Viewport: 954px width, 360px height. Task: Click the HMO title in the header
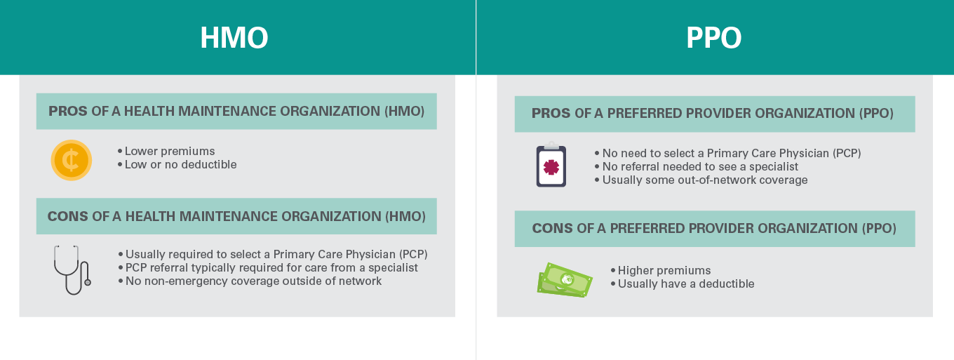coord(234,38)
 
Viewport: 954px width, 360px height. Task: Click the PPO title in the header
coord(713,38)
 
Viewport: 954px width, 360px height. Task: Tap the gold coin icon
coord(71,160)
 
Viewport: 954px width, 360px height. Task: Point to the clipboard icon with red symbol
coord(551,166)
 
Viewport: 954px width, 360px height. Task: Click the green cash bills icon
coord(565,279)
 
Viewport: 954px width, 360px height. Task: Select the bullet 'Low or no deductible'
coord(180,164)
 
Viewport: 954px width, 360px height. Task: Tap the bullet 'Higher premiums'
coord(664,270)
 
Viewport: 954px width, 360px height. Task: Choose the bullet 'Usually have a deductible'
coord(685,284)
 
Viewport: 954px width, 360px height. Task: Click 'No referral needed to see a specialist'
coord(700,166)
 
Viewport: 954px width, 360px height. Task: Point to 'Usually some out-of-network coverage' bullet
coord(704,180)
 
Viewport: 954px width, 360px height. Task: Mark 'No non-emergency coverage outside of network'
coord(253,281)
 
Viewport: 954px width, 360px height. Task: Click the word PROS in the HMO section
coord(68,111)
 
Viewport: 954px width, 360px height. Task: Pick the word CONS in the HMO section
coord(68,216)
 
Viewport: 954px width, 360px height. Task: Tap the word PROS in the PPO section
coord(551,113)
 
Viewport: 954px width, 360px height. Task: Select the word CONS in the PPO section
coord(553,228)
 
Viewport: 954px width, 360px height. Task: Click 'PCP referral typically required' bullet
coord(271,267)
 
